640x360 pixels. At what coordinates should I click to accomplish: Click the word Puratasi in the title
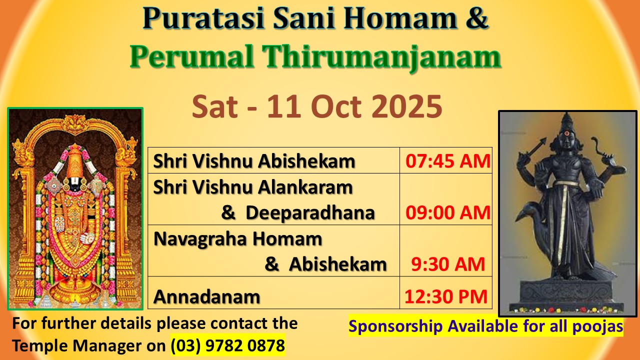point(203,17)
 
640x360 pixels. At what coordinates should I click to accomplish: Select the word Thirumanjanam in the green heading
point(381,57)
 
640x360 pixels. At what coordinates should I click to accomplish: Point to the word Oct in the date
point(336,106)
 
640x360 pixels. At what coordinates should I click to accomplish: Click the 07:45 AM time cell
point(448,161)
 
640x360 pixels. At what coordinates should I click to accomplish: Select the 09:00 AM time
point(448,212)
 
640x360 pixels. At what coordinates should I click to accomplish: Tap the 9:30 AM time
point(448,264)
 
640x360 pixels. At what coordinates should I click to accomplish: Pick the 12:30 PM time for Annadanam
point(445,296)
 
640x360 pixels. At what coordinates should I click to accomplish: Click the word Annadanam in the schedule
point(207,297)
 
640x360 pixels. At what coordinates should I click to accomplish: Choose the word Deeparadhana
point(310,213)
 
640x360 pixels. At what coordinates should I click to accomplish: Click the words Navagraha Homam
point(237,239)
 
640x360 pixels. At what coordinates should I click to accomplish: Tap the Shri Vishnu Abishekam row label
point(254,161)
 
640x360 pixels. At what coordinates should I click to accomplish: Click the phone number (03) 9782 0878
point(227,345)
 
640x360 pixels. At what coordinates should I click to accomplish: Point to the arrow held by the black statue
point(532,147)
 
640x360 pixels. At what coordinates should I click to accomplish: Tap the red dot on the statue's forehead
point(566,133)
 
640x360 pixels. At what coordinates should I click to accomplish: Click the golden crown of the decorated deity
point(75,162)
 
